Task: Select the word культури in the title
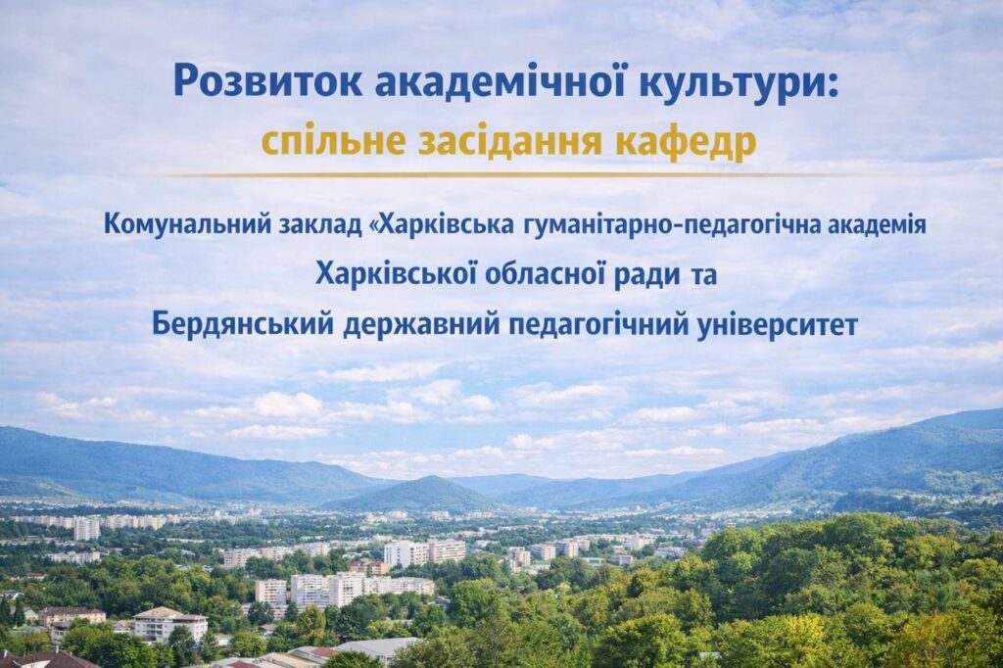[730, 82]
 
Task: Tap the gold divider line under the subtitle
[501, 174]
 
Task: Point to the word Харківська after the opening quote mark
[449, 225]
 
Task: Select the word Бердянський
[243, 324]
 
